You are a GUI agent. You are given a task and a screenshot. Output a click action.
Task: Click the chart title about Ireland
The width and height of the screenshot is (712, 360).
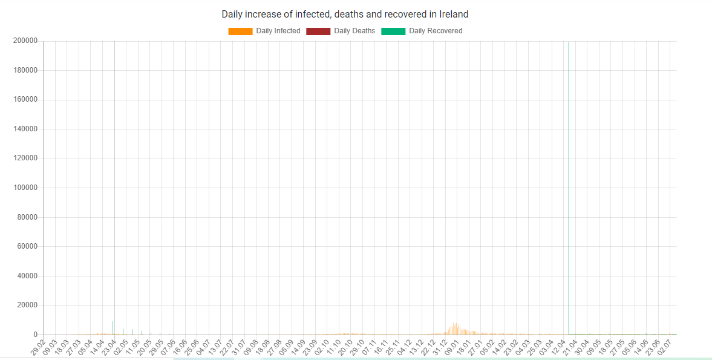click(345, 14)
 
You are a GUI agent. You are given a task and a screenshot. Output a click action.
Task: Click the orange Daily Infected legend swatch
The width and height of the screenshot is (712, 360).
click(240, 31)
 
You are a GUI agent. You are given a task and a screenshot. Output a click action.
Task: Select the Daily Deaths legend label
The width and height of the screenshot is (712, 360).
click(354, 31)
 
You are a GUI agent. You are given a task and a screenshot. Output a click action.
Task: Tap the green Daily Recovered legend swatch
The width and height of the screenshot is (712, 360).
click(393, 31)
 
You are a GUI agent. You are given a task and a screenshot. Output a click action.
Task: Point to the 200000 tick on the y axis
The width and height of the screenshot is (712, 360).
click(25, 41)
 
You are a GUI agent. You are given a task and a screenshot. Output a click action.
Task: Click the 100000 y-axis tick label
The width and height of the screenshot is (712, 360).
click(25, 188)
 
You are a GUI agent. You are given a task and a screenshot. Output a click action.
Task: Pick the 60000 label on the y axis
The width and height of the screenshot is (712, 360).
click(27, 247)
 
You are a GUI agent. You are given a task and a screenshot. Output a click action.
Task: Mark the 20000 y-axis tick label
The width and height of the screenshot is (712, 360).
click(27, 306)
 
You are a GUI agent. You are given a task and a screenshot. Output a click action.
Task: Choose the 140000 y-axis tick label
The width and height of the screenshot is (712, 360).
click(25, 129)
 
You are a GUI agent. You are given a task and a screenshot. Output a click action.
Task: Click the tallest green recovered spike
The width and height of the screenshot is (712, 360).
click(569, 182)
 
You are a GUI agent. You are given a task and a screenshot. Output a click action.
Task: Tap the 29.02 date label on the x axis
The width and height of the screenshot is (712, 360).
click(38, 349)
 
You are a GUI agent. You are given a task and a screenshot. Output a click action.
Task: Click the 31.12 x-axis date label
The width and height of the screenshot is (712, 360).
click(438, 349)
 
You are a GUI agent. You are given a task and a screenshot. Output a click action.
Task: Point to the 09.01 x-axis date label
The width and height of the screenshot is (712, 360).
click(450, 349)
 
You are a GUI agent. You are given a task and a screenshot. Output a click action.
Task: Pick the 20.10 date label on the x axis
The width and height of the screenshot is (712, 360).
click(343, 349)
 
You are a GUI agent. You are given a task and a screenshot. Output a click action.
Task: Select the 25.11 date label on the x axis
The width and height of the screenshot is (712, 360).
click(391, 349)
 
